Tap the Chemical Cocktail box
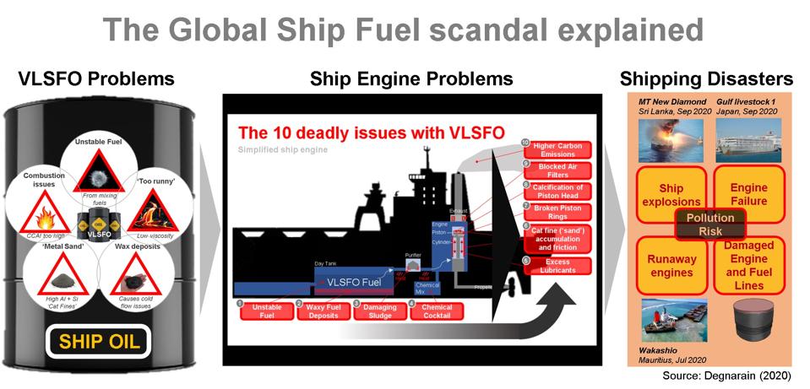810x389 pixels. point(438,311)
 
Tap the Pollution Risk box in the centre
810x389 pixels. point(709,224)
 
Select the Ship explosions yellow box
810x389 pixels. point(670,194)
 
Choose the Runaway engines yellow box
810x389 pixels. point(670,264)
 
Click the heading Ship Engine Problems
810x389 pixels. point(411,79)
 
